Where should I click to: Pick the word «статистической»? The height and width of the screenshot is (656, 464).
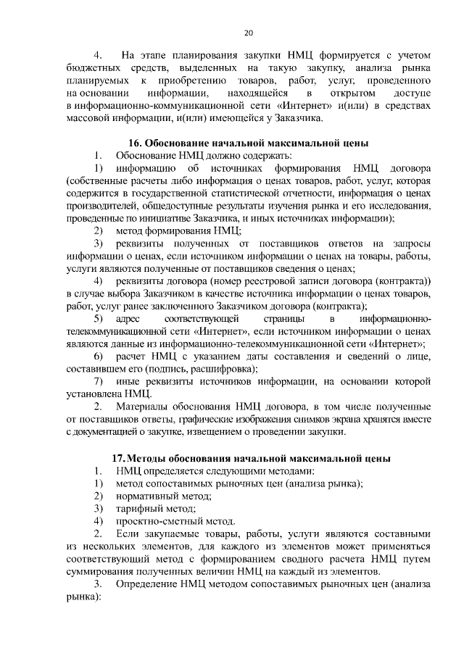[x=265, y=194]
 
